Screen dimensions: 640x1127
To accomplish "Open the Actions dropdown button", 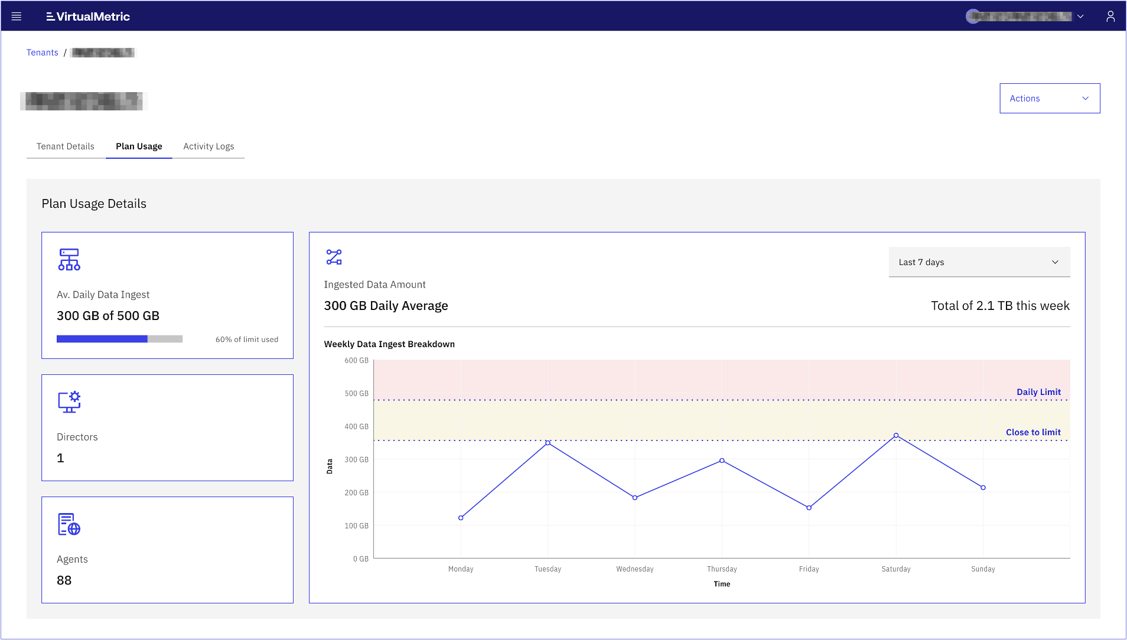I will [x=1049, y=99].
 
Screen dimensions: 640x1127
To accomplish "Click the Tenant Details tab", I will [x=66, y=146].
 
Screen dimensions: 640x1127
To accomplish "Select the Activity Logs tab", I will [x=209, y=146].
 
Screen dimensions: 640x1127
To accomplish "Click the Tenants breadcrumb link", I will [x=43, y=53].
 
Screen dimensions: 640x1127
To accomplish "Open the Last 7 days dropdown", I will [x=979, y=262].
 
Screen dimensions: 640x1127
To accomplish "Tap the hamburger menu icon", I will [x=17, y=17].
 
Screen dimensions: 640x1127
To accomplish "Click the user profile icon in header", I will [x=1110, y=17].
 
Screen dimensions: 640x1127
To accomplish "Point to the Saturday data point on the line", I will [x=896, y=436].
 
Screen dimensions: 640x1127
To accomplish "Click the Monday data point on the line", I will [x=461, y=518].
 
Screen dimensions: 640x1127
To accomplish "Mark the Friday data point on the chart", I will [x=809, y=508].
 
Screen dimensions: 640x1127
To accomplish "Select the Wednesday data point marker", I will [x=635, y=498].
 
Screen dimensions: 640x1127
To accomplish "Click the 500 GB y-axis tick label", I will [x=356, y=393].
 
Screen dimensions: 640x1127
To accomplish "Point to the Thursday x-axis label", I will [x=722, y=569].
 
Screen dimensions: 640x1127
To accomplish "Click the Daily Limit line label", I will [x=1038, y=392].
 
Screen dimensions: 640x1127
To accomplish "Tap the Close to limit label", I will [x=1033, y=432].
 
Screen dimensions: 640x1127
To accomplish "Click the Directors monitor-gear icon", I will [x=69, y=402].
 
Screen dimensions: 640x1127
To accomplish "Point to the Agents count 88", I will [x=64, y=580].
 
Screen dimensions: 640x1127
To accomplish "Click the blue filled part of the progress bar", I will [x=102, y=339].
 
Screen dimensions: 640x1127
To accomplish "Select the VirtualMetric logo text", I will [x=88, y=17].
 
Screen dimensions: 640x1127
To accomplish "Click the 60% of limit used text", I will [x=246, y=339].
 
